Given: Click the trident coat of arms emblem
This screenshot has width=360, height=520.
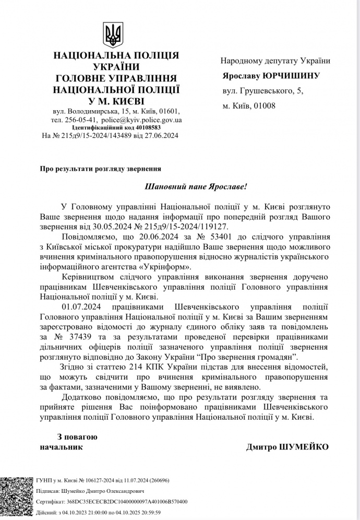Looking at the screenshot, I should pos(113,36).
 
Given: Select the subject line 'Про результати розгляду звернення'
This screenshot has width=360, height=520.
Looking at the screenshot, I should pos(100,169).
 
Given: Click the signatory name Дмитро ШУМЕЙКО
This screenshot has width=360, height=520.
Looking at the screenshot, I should pos(287,447).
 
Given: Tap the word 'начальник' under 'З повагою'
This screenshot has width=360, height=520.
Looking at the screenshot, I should pos(61,447).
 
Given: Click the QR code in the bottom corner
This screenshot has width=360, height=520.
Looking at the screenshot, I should pos(16,498).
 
